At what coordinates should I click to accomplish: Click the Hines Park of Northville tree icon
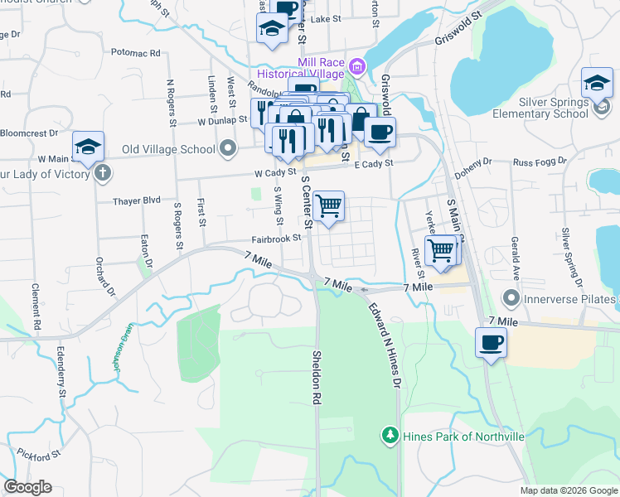click(389, 435)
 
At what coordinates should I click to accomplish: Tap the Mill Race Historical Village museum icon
click(357, 65)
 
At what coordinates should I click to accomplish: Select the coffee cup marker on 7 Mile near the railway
click(491, 342)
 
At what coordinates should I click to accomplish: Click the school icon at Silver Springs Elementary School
click(597, 83)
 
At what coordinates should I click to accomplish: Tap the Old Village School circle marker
click(229, 149)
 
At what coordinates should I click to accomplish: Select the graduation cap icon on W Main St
click(88, 147)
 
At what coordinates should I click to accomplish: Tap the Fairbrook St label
click(276, 239)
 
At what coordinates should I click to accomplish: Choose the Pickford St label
click(38, 455)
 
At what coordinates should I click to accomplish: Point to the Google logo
click(27, 487)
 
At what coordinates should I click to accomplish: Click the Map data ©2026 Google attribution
click(568, 490)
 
